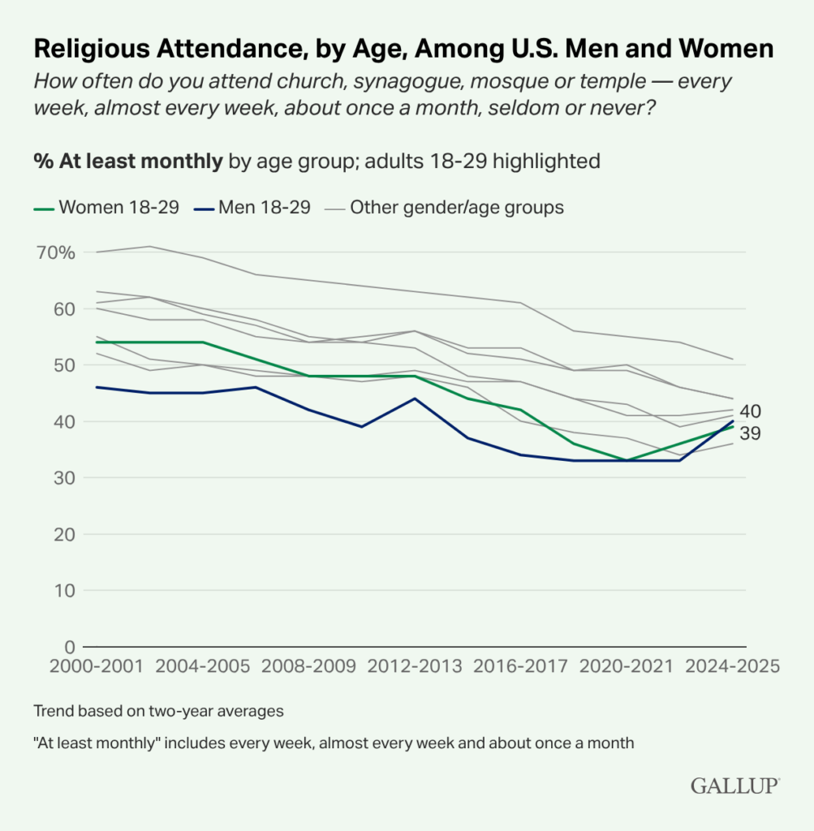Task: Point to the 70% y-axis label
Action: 55,252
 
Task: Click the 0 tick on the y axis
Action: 69,647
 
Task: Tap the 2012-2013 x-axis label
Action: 414,666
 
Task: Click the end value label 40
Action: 751,411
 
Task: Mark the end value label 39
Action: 751,433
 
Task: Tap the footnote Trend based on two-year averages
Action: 158,711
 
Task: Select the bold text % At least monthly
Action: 128,161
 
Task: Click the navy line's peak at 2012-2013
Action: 414,398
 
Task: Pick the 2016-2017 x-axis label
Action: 520,666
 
